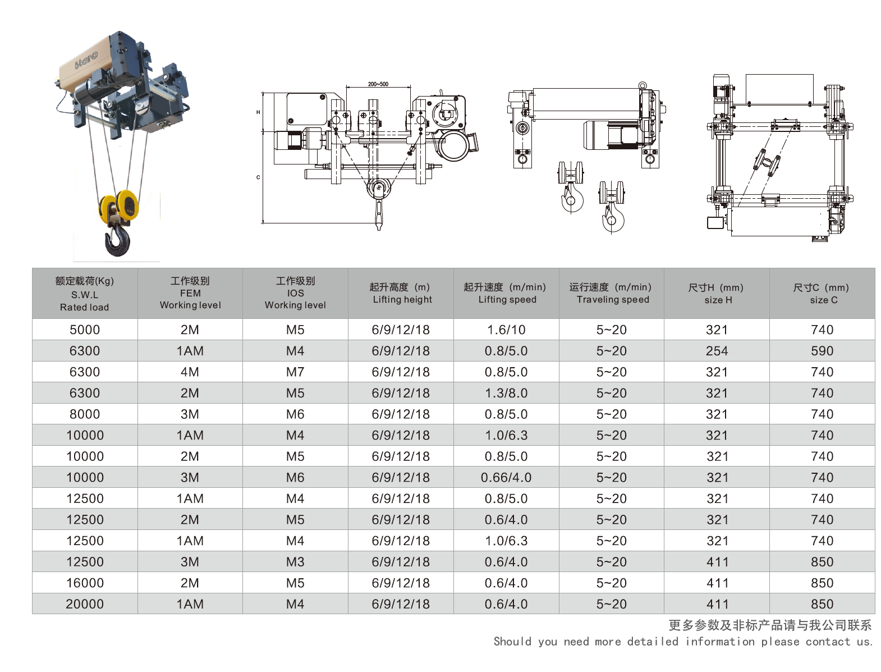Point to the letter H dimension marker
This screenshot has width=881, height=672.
[x=258, y=112]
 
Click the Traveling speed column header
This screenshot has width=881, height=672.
[x=612, y=293]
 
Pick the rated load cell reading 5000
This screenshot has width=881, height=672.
[x=85, y=330]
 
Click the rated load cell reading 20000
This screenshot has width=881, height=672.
[x=85, y=604]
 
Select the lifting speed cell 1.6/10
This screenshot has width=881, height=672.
[x=506, y=330]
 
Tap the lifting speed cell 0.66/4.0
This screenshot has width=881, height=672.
[x=506, y=478]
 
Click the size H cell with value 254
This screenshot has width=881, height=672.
[x=717, y=351]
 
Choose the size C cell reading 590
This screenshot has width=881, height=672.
[x=822, y=351]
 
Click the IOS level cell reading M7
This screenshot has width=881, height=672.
[x=295, y=372]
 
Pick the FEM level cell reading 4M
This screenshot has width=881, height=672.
[x=190, y=372]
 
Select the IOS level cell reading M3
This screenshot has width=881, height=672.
[x=295, y=562]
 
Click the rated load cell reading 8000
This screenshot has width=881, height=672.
[x=85, y=414]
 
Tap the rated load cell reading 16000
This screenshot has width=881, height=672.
[x=85, y=583]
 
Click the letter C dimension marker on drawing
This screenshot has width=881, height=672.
[x=258, y=177]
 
